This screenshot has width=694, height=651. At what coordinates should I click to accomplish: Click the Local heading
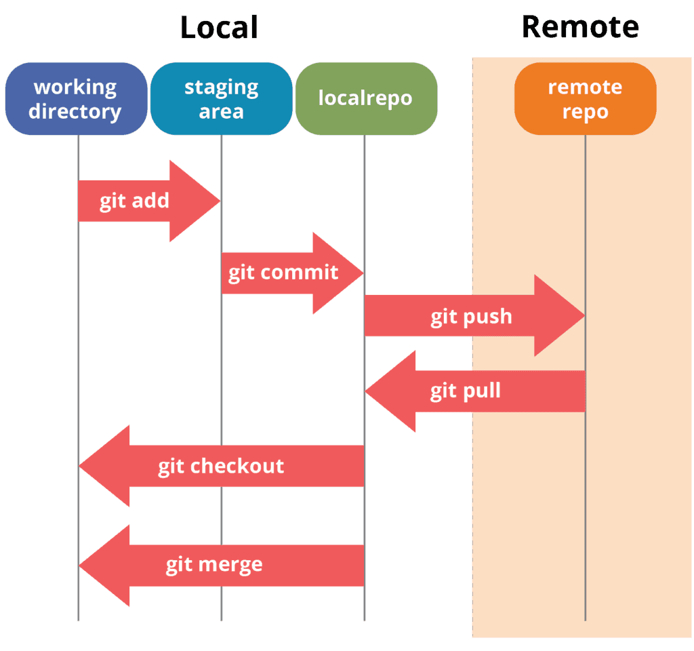point(219,27)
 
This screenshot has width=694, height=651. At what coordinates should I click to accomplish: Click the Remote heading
point(580,27)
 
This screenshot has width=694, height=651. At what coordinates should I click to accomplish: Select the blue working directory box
point(76,98)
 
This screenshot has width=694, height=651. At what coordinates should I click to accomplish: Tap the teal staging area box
point(222,98)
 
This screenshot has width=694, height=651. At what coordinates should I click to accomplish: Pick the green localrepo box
point(367,98)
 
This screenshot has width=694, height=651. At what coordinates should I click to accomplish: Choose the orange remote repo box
point(585,98)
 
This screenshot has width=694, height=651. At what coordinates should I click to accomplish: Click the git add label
point(134,201)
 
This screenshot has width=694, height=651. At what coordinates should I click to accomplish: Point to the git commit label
point(283,273)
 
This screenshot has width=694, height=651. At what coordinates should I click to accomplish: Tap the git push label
point(472,317)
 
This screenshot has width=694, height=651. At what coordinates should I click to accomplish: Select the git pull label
point(466,391)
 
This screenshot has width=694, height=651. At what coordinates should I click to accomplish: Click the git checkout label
point(221,467)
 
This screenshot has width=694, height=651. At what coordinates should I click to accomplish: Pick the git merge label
point(214,566)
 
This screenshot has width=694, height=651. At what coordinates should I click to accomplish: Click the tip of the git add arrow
point(220,201)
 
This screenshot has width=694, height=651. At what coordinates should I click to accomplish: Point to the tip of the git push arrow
point(585,316)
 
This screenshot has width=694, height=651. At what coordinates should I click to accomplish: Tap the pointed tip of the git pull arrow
point(365,391)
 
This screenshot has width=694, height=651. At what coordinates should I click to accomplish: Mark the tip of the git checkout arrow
point(79,466)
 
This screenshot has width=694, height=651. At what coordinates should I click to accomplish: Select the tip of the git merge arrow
point(79,566)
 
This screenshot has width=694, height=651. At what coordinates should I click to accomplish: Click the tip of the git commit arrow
point(363,273)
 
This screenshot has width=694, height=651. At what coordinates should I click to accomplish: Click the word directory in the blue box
point(75,112)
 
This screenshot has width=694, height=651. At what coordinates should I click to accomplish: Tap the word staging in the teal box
point(222,87)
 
